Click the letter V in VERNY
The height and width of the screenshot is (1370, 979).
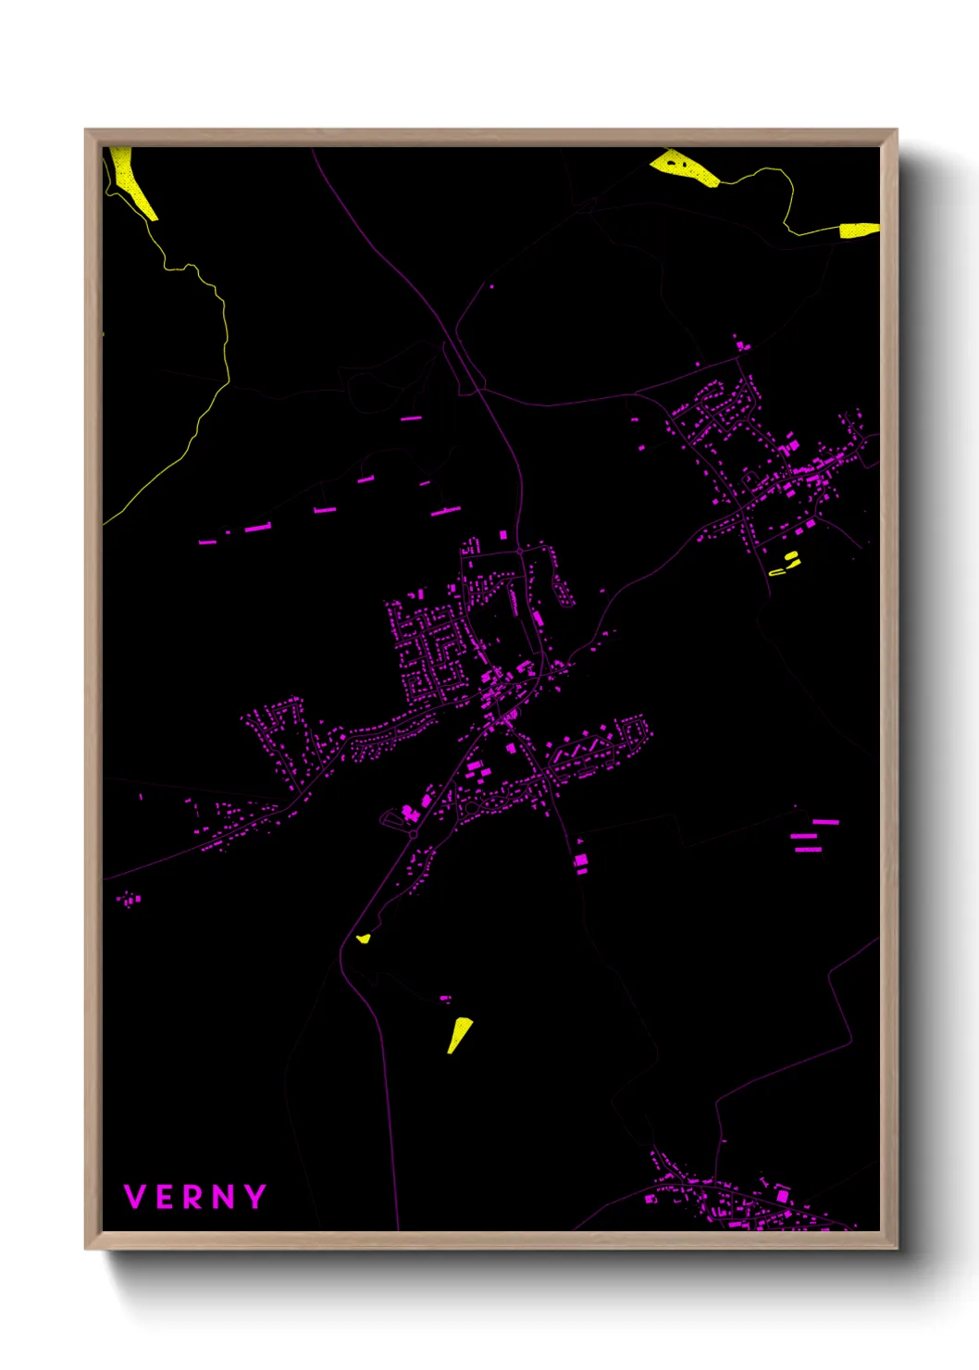pos(135,1197)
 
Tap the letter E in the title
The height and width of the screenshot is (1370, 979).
pos(164,1197)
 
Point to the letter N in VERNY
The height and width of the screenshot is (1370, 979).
pos(223,1197)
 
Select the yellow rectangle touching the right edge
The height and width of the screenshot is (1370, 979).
pos(859,230)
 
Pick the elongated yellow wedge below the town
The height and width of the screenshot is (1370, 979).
pos(459,1033)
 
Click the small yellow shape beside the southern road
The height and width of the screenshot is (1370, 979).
pos(364,939)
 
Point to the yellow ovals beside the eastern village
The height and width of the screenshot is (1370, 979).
pos(786,563)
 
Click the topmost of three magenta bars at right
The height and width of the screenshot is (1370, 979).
pos(825,822)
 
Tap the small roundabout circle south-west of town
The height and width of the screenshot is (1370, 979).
pos(413,834)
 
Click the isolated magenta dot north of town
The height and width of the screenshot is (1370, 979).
pos(491,287)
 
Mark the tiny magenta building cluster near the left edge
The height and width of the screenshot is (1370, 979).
pos(129,899)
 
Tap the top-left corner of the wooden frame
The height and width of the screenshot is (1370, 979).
pos(87,131)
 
